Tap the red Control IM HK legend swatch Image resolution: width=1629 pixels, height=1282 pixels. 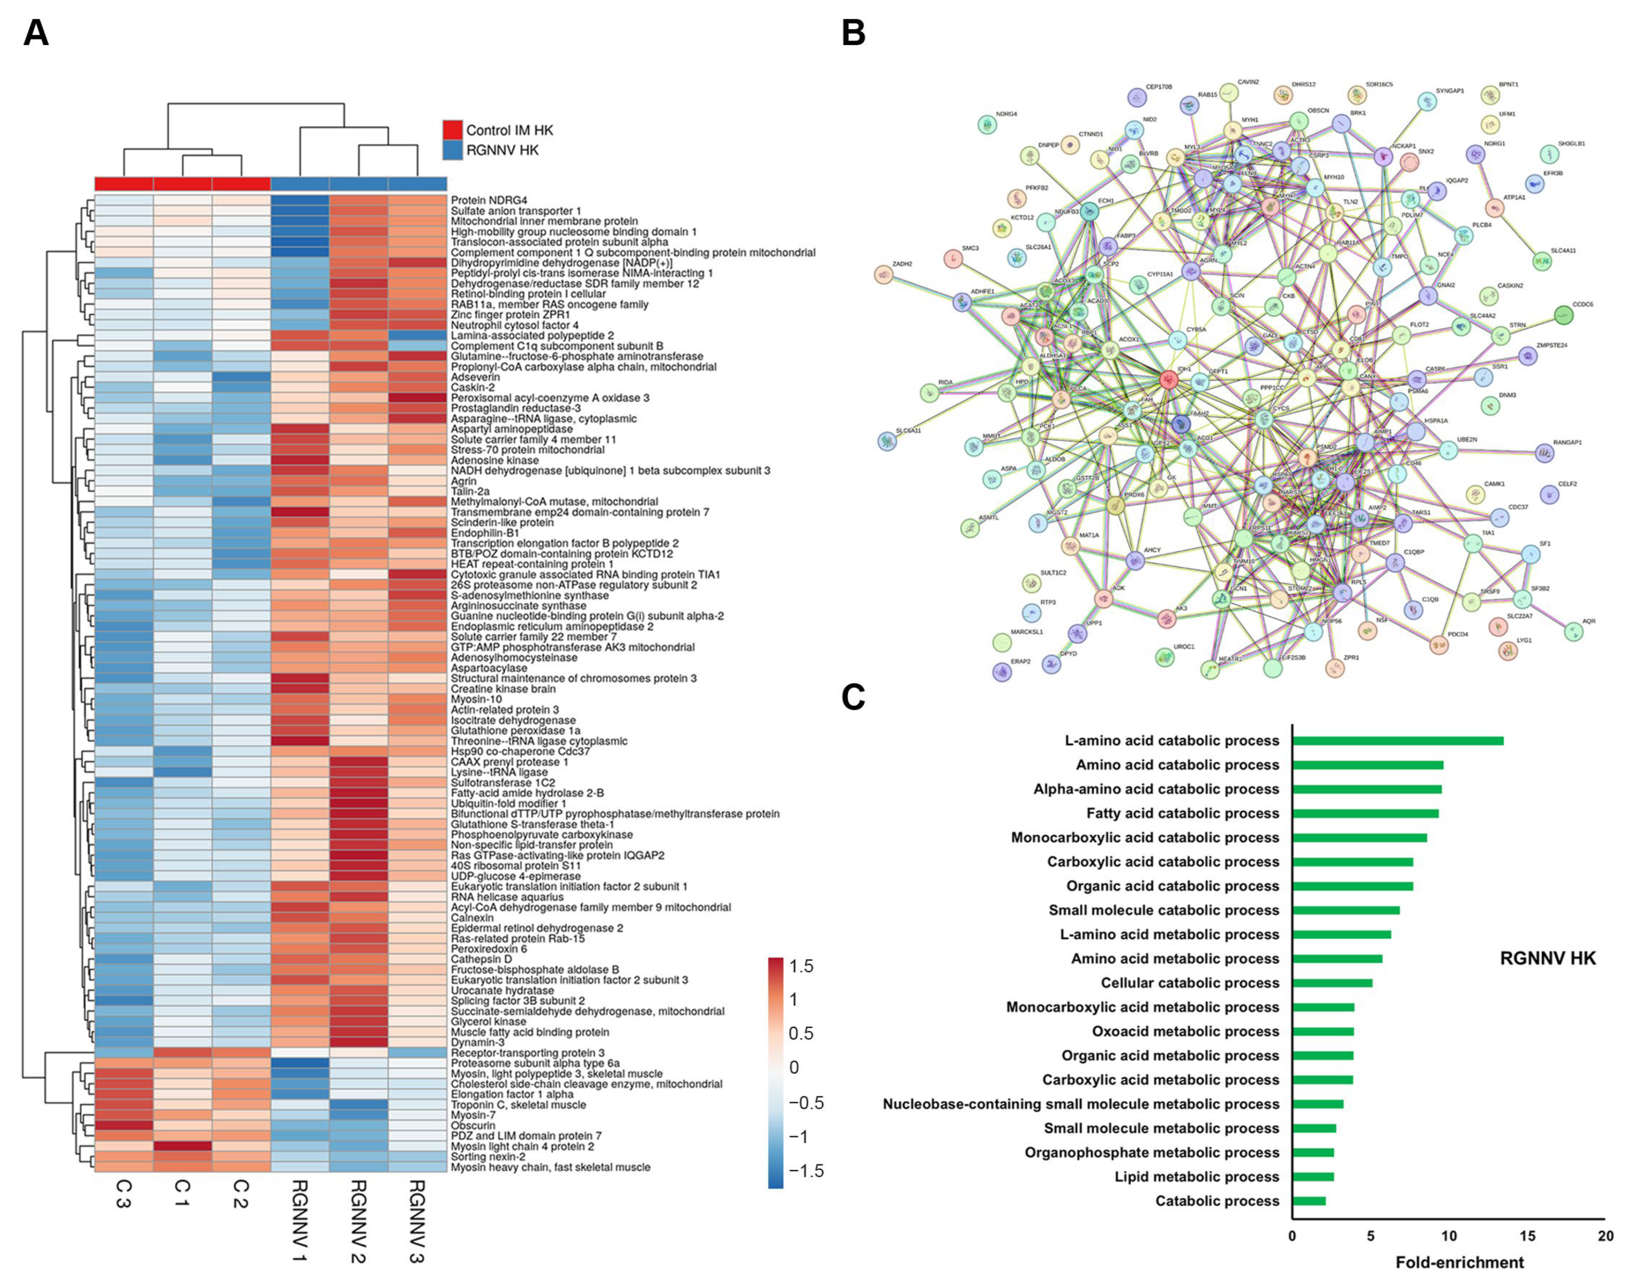[452, 130]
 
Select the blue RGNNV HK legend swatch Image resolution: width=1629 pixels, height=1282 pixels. [452, 150]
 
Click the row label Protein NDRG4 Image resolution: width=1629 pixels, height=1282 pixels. [489, 200]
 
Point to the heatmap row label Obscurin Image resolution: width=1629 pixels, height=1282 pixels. [473, 1125]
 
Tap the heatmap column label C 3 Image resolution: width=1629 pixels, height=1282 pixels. [124, 1193]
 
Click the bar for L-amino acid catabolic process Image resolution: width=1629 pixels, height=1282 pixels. [1397, 741]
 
